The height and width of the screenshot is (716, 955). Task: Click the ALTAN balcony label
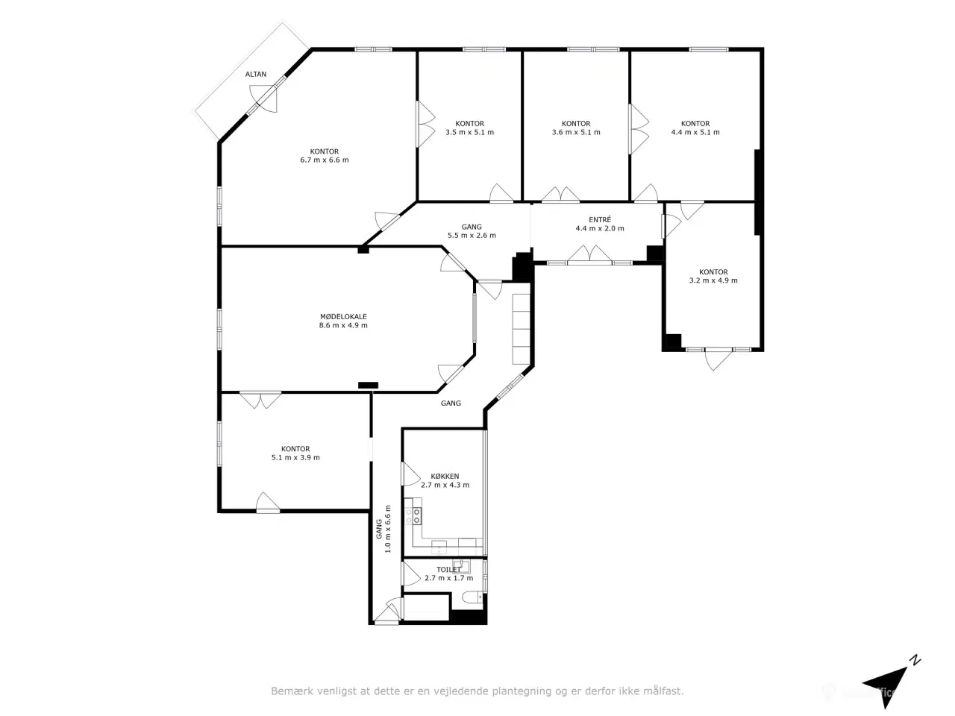click(x=255, y=75)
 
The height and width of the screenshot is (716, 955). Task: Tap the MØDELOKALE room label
click(x=343, y=316)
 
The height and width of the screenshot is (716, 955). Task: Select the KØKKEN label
click(x=445, y=476)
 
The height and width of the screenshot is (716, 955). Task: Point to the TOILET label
click(x=448, y=569)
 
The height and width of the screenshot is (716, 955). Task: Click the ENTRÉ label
click(x=600, y=219)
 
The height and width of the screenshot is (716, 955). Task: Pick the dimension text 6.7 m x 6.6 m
click(x=324, y=160)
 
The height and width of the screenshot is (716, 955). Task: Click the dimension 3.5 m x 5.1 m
click(x=469, y=132)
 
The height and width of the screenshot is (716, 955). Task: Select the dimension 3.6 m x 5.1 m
click(x=576, y=132)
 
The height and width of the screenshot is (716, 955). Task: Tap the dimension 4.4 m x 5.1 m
click(x=695, y=132)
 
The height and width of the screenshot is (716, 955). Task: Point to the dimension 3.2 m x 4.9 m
click(x=713, y=280)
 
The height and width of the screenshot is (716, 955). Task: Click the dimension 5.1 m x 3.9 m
click(x=295, y=457)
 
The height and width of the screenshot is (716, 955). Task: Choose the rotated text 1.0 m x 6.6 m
click(x=388, y=529)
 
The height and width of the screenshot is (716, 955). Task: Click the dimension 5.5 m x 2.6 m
click(x=472, y=235)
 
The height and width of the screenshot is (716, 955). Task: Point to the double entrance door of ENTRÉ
click(x=589, y=255)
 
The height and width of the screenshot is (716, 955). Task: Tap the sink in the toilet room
click(x=461, y=566)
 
